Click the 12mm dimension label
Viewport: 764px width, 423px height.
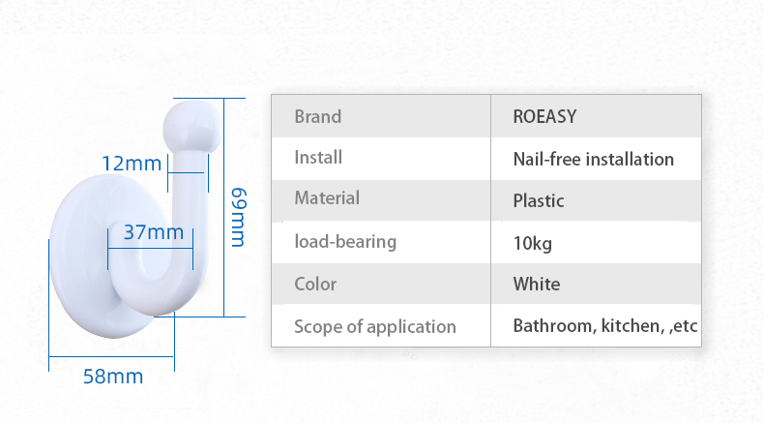tap(132, 164)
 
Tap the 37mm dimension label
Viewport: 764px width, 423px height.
tap(154, 232)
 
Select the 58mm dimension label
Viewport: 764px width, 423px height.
tap(113, 377)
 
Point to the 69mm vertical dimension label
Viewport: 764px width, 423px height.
tap(238, 217)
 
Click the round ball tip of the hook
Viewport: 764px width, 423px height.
tap(191, 126)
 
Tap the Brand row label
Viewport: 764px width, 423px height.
tap(317, 116)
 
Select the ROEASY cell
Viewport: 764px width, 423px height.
tap(544, 116)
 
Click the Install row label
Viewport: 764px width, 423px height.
tap(318, 157)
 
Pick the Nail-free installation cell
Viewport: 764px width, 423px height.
tap(594, 159)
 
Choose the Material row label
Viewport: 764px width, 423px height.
tap(327, 198)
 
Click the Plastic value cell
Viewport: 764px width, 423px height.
tap(539, 200)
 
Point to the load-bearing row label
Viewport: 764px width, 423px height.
tap(345, 242)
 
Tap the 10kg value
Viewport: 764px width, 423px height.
tap(533, 243)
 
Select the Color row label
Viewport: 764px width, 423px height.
tap(315, 284)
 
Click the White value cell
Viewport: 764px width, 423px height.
tap(537, 284)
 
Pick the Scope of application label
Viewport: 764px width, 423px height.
tap(375, 327)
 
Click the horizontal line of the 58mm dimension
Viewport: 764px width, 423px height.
tap(111, 356)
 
